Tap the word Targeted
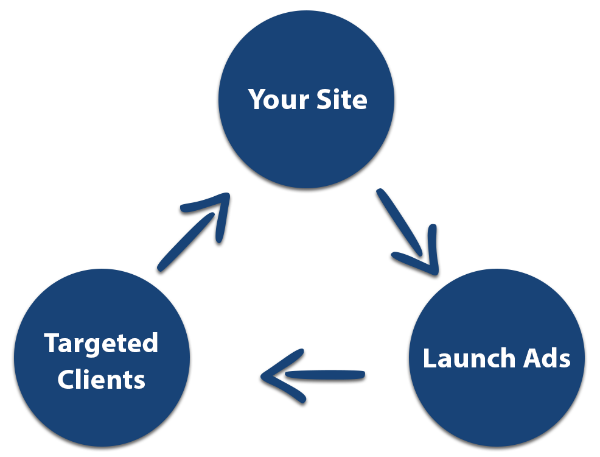tap(101, 344)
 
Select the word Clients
tap(101, 379)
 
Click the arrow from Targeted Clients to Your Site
tap(194, 233)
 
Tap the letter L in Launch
tap(428, 358)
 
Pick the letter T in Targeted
tap(51, 344)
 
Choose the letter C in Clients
tap(66, 379)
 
